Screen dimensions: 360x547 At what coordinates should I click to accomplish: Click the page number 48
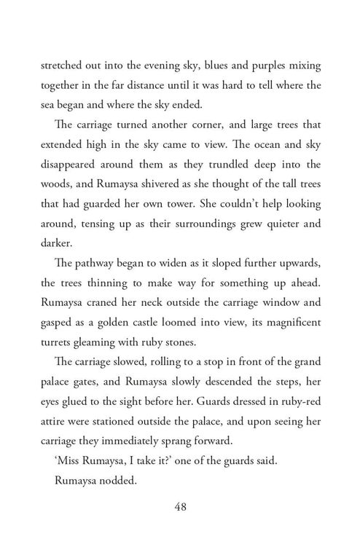pyautogui.click(x=181, y=507)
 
